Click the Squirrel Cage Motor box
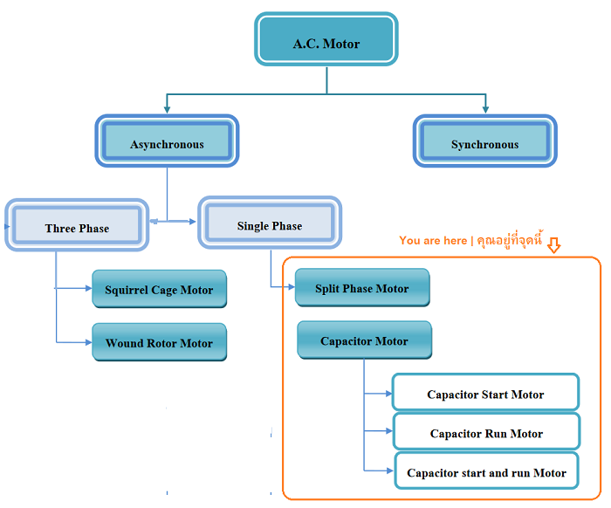click(x=159, y=289)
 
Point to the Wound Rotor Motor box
click(x=159, y=342)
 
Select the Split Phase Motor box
click(x=362, y=287)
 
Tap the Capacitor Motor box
click(x=364, y=340)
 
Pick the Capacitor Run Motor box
click(x=486, y=432)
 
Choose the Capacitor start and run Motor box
click(x=486, y=471)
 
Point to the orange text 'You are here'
click(x=433, y=240)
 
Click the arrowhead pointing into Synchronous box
click(x=485, y=110)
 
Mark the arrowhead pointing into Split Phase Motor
click(x=291, y=286)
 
